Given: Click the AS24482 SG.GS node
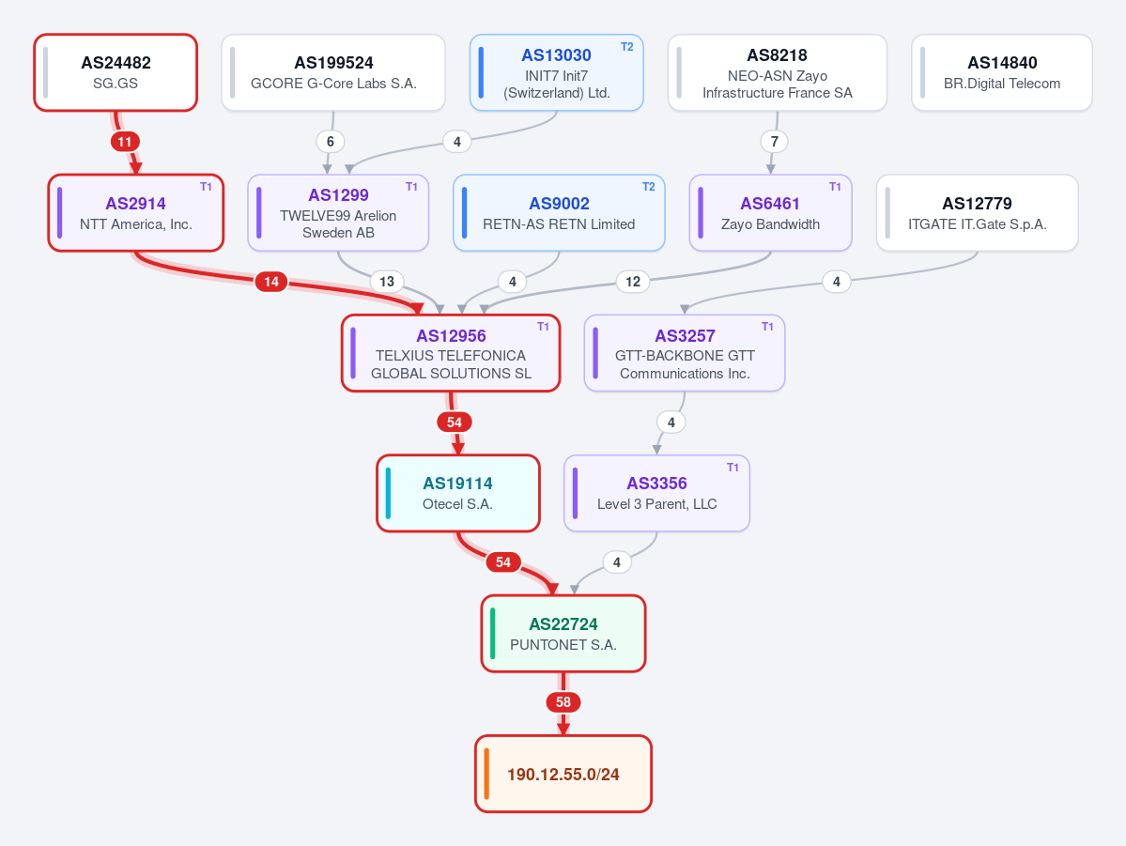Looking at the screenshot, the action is [x=116, y=72].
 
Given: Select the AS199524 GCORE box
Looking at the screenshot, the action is [x=333, y=72].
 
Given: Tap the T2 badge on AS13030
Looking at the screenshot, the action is [x=627, y=47].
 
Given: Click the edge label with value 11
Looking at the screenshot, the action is [x=125, y=142].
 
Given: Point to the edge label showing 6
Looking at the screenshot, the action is [x=331, y=142].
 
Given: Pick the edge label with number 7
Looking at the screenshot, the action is [x=774, y=142].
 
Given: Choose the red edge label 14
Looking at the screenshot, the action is [x=271, y=282].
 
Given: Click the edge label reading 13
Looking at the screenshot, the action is [x=387, y=282].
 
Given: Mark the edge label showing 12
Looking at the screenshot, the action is [x=633, y=282].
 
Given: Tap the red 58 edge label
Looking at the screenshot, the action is [x=563, y=701].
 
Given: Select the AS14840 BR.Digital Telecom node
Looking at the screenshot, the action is [x=1002, y=72].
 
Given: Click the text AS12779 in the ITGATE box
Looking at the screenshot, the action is [x=978, y=203].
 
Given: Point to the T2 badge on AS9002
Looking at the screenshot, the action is [x=648, y=187].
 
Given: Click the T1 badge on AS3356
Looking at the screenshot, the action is [x=733, y=468].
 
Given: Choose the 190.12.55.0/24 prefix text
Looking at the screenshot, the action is [x=563, y=775].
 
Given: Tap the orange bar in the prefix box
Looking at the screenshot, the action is [x=486, y=774].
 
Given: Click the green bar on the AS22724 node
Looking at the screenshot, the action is [x=493, y=634].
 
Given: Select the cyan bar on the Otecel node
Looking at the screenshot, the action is [x=389, y=493].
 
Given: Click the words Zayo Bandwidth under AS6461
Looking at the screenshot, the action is [x=770, y=224].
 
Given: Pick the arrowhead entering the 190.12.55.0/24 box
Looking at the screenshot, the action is [x=563, y=729].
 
